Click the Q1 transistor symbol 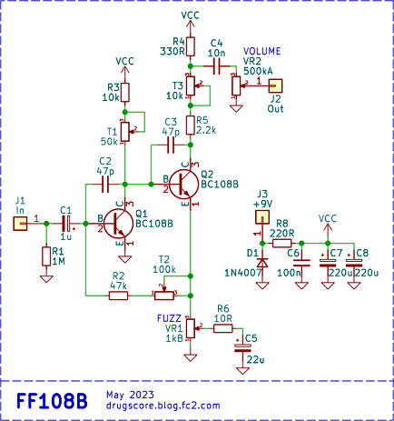[x=118, y=224]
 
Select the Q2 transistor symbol [x=184, y=184]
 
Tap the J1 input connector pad [x=20, y=224]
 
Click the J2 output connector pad [x=275, y=86]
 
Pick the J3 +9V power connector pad [x=262, y=217]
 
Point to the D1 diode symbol [x=262, y=263]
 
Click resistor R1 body [x=46, y=256]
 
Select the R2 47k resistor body [x=118, y=296]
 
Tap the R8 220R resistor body [x=282, y=243]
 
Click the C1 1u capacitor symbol [x=66, y=224]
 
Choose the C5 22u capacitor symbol [x=242, y=348]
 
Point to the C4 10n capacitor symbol [x=217, y=66]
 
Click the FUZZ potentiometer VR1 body [x=191, y=328]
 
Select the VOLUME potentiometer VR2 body [x=236, y=85]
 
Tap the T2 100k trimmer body [x=164, y=296]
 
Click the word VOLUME [x=261, y=51]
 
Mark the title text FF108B [x=52, y=401]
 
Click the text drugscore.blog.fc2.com [x=163, y=406]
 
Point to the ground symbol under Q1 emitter [x=124, y=259]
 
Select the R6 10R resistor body [x=223, y=328]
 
